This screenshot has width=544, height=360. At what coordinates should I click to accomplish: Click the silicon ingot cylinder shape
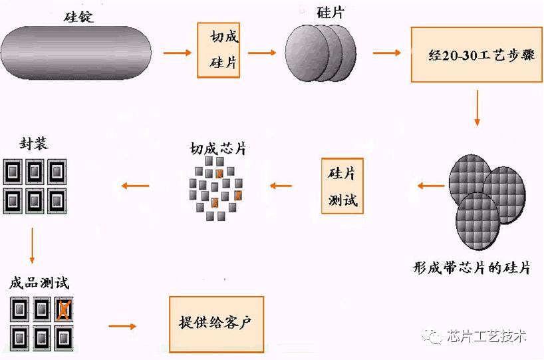click(x=76, y=53)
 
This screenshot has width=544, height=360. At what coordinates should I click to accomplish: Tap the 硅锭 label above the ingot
click(x=78, y=17)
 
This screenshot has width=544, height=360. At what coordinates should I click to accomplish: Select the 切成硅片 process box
click(x=219, y=50)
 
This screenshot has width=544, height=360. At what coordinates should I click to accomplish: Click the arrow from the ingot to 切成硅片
click(x=178, y=53)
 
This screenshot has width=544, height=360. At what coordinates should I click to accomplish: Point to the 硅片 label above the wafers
click(x=331, y=13)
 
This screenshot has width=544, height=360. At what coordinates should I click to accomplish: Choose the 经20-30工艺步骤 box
click(x=477, y=55)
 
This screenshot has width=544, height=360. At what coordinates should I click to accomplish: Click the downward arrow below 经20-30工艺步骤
click(x=477, y=108)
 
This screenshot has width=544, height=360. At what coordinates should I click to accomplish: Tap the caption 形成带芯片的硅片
click(x=472, y=268)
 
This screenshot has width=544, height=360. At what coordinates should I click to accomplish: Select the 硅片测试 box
click(x=342, y=186)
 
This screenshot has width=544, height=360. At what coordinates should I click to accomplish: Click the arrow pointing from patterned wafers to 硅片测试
click(x=431, y=186)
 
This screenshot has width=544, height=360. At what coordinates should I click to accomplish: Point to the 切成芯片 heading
click(x=218, y=148)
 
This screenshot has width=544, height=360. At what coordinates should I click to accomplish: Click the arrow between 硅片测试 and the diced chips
click(x=281, y=186)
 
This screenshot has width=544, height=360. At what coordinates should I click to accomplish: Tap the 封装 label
click(x=34, y=143)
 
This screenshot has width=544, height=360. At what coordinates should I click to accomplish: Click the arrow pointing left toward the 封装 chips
click(x=135, y=186)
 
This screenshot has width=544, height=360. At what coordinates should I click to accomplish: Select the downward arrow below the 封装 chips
click(x=33, y=246)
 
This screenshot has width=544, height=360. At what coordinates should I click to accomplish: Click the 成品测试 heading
click(x=39, y=283)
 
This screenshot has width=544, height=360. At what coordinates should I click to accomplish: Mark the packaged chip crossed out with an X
click(x=63, y=309)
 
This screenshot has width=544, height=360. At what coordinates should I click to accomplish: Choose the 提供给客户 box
click(x=217, y=324)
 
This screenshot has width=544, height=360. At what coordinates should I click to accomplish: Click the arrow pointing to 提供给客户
click(x=122, y=326)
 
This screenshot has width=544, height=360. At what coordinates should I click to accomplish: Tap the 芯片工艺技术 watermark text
click(x=487, y=336)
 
